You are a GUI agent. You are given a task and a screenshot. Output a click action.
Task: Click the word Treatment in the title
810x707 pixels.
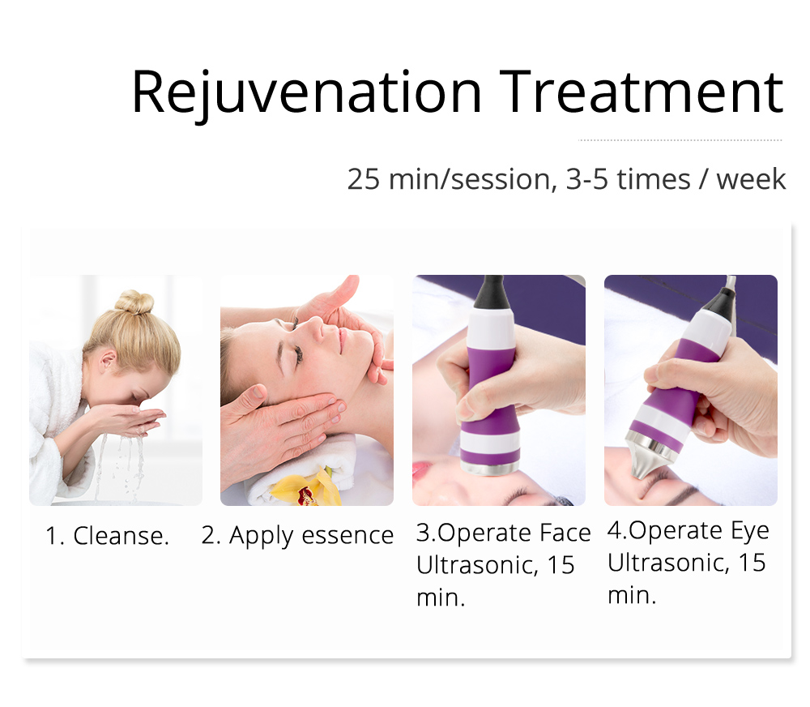click(642, 92)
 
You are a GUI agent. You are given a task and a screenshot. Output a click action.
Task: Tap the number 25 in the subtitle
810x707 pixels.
click(363, 179)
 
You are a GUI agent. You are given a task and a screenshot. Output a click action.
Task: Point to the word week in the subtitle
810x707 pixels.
click(751, 179)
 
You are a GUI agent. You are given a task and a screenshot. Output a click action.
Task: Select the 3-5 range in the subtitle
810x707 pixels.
click(587, 179)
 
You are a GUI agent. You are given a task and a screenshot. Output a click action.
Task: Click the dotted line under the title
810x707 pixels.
click(680, 139)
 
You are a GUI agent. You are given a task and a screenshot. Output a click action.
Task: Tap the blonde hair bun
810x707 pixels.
click(134, 302)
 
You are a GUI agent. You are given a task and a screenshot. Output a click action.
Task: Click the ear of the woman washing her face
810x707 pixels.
click(108, 361)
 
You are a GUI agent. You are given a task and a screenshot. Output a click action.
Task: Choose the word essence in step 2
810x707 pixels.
click(347, 535)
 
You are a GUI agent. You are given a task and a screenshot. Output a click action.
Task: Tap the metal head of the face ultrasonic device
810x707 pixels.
click(489, 468)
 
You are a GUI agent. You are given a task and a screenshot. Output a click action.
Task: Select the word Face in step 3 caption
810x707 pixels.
click(565, 533)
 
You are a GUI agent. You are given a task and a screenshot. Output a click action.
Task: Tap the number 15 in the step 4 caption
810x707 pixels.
click(752, 563)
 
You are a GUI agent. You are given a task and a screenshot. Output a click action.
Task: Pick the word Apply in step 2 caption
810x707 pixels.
click(262, 536)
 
